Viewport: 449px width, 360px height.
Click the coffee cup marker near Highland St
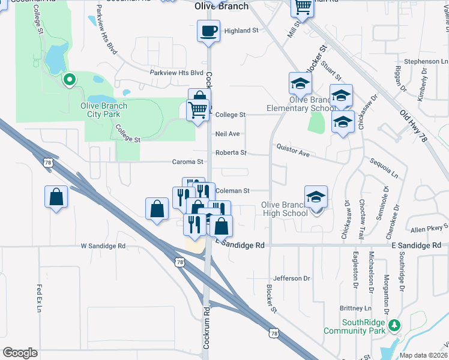pyautogui.click(x=208, y=31)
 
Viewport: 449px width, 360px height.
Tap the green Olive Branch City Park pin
pyautogui.click(x=69, y=79)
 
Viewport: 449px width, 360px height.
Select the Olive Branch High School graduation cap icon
pyautogui.click(x=316, y=197)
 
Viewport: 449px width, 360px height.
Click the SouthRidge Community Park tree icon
pyautogui.click(x=394, y=325)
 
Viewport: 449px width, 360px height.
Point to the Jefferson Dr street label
pyautogui.click(x=291, y=278)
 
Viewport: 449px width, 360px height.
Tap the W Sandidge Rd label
pyautogui.click(x=103, y=246)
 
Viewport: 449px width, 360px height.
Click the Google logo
pyautogui.click(x=20, y=353)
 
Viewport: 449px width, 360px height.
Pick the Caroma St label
pyautogui.click(x=188, y=161)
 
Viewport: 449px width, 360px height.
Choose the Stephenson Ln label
pyautogui.click(x=426, y=61)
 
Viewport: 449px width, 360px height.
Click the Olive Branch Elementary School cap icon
pyautogui.click(x=300, y=83)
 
